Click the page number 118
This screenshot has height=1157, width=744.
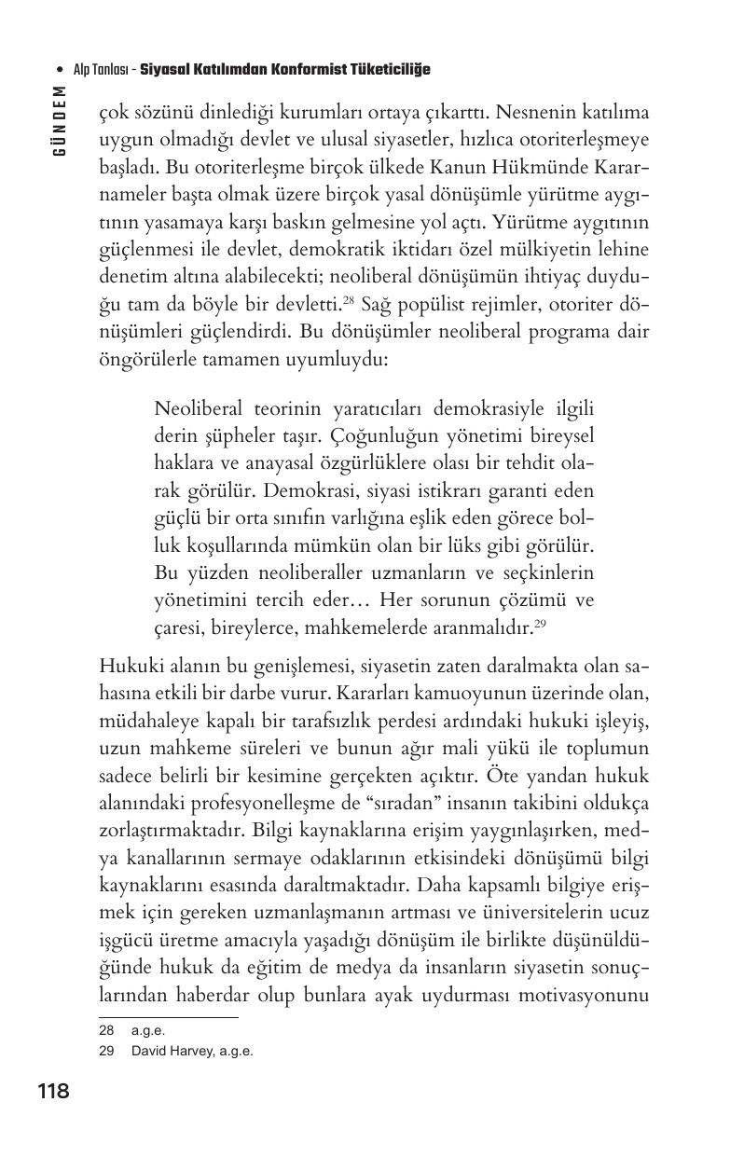pos(53,1090)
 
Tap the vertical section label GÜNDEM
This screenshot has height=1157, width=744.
pos(60,121)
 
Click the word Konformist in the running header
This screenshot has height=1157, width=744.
pos(292,70)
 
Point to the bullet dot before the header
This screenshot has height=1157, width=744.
pos(60,70)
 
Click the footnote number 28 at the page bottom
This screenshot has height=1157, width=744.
pos(105,1030)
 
